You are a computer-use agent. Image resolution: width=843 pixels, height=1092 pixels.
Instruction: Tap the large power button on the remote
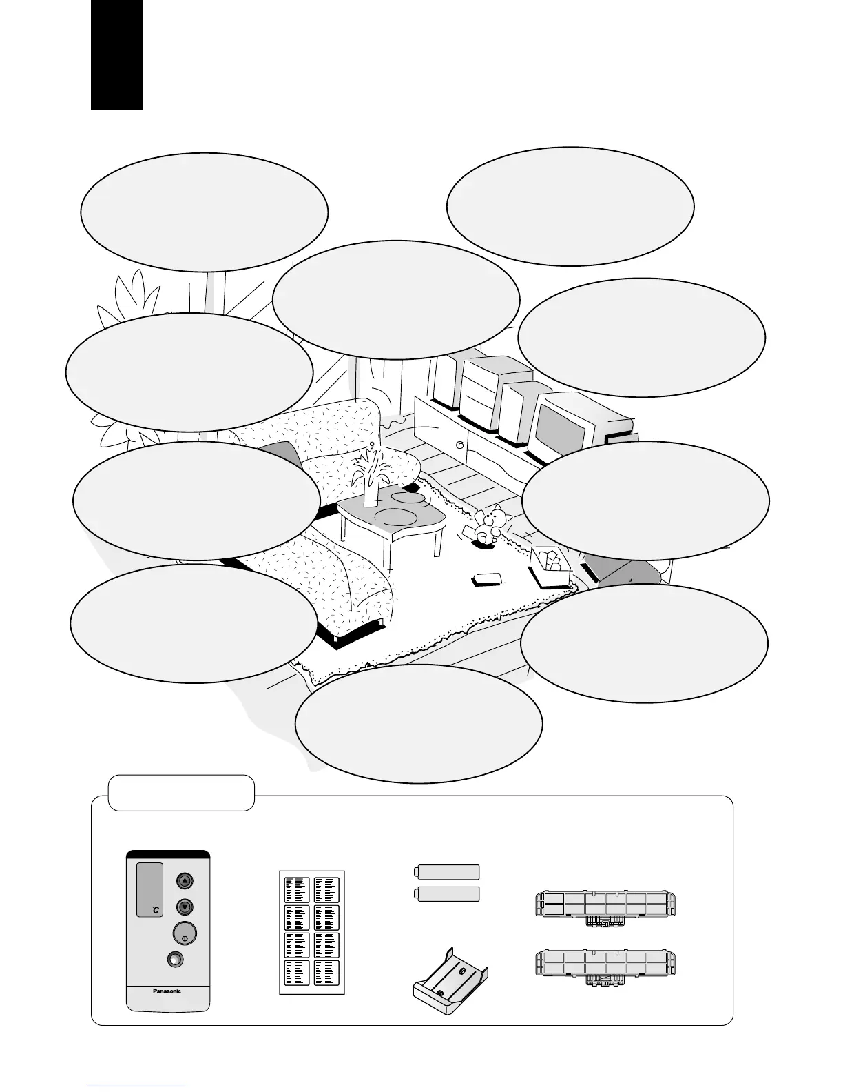point(184,933)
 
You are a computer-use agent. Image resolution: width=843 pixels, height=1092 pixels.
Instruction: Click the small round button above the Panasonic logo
point(175,960)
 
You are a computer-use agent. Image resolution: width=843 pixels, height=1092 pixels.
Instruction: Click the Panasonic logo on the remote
point(167,991)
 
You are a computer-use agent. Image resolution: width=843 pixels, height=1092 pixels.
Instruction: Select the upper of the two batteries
point(446,871)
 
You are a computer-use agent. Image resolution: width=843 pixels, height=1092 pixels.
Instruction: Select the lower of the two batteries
point(446,894)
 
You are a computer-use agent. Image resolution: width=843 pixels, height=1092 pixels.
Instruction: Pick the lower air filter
point(605,964)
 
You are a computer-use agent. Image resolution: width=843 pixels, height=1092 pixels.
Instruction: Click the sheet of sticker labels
point(312,934)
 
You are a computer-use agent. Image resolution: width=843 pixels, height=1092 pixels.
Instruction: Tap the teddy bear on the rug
point(488,525)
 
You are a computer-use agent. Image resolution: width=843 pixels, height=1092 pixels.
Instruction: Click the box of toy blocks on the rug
point(551,566)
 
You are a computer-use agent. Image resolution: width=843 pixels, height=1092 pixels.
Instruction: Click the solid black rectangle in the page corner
point(116,54)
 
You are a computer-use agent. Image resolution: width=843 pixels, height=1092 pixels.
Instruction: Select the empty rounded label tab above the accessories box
point(182,793)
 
